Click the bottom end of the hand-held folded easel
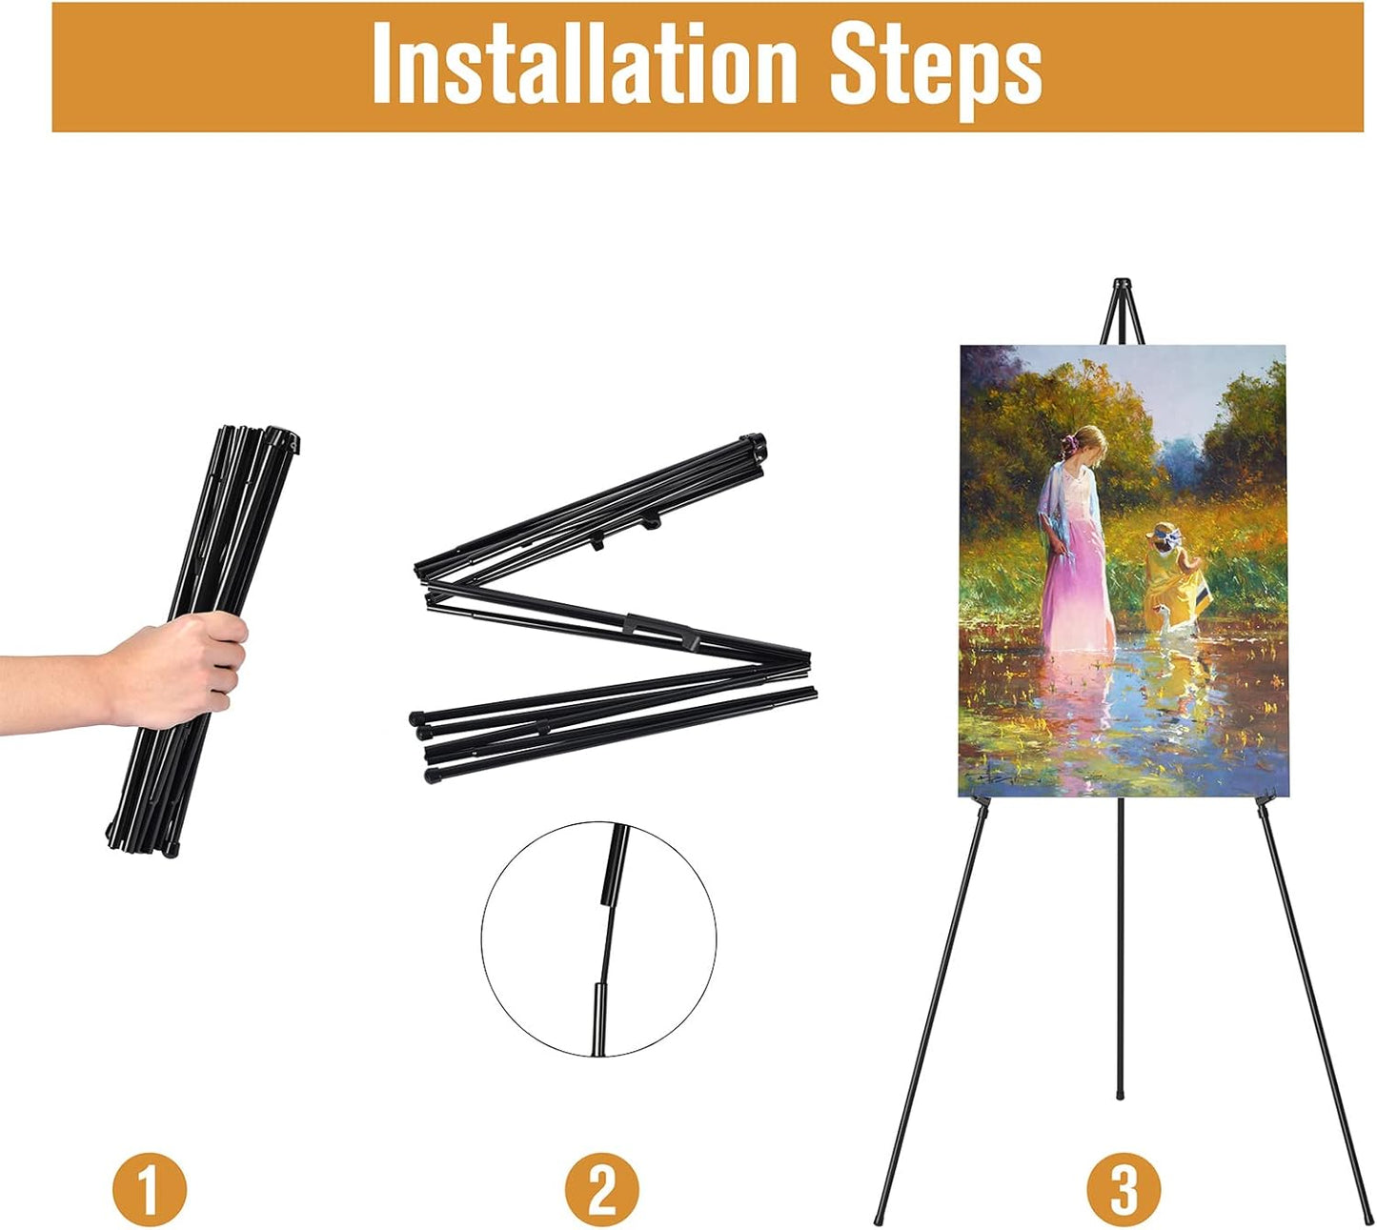(143, 843)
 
